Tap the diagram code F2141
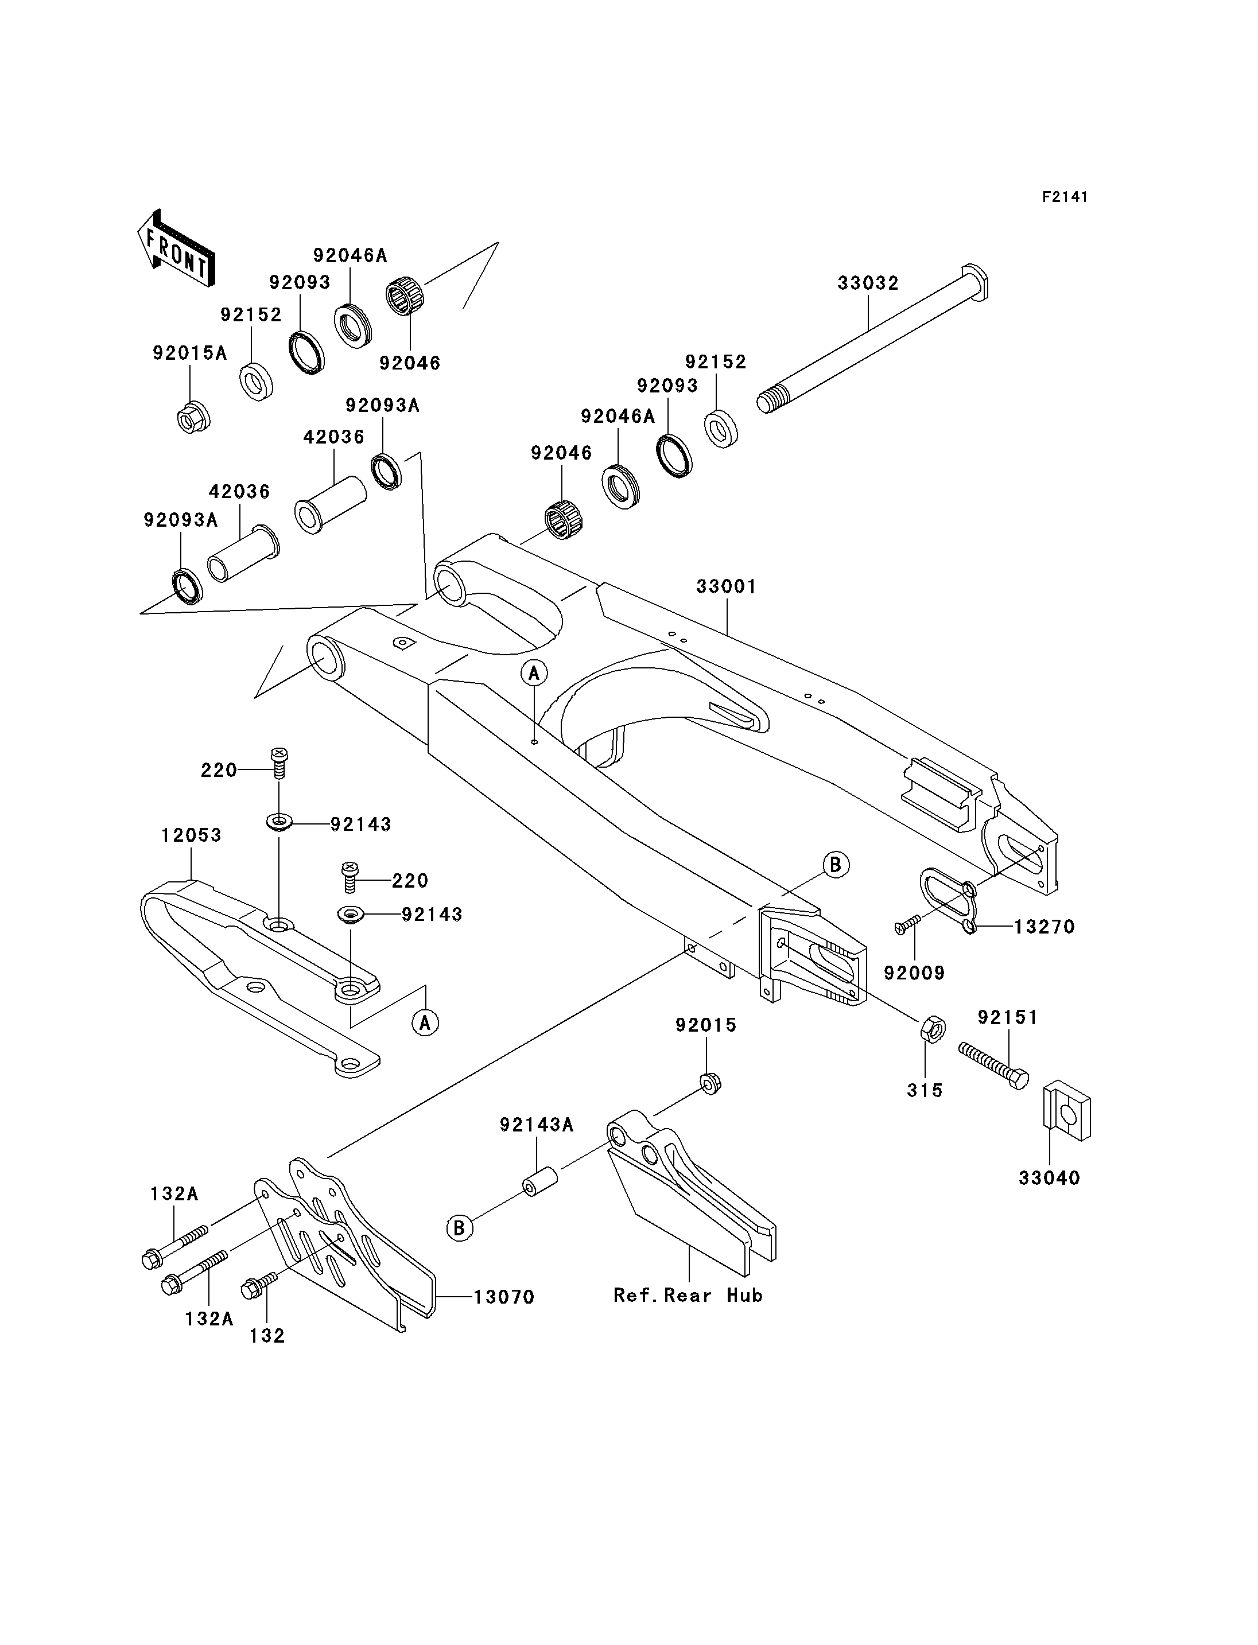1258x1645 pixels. coord(1065,197)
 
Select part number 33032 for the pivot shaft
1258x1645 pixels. coord(868,283)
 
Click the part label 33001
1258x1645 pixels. coord(727,586)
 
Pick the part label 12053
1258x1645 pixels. coord(191,835)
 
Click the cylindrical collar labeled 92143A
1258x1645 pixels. coord(539,1183)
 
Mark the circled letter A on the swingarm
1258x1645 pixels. coord(534,672)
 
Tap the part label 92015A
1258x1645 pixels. coord(189,353)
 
